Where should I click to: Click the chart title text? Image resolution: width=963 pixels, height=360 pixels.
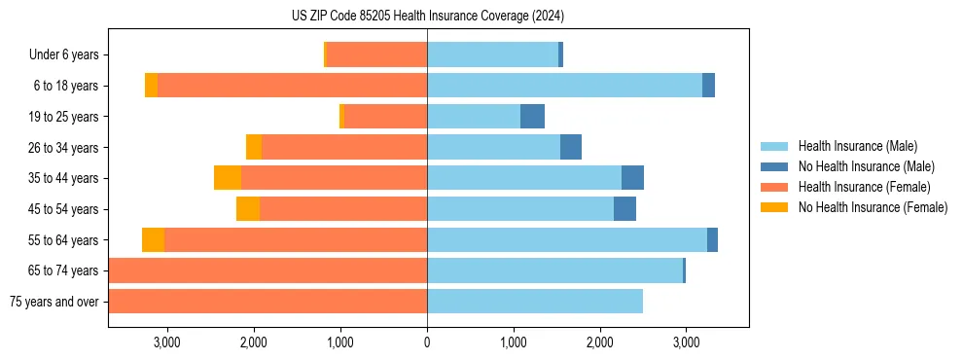(427, 17)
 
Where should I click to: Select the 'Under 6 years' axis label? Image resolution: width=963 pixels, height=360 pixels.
(57, 55)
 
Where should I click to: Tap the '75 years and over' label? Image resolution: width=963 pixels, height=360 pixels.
(53, 302)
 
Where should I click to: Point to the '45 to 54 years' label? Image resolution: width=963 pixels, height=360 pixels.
(65, 209)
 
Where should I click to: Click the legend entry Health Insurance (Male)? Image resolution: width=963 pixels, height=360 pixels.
(857, 146)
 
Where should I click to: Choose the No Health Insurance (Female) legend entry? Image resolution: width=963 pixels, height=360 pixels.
(873, 207)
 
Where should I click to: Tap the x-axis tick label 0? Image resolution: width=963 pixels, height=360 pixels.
(427, 342)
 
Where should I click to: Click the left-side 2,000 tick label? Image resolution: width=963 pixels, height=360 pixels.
(253, 342)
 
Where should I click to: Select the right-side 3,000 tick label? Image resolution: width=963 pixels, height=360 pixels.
(686, 342)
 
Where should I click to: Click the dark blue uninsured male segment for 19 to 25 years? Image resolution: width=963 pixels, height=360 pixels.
(532, 117)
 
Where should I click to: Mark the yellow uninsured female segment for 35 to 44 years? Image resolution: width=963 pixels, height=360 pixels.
(228, 178)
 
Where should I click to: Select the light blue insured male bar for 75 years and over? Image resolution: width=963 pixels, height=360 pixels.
(535, 302)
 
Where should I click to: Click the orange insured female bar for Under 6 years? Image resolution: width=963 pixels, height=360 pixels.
(376, 55)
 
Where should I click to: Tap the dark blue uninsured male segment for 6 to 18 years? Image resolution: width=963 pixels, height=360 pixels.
(708, 86)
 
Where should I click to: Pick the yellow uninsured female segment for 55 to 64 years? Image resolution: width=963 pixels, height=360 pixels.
(153, 239)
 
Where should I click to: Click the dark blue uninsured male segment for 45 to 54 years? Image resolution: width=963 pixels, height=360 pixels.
(624, 209)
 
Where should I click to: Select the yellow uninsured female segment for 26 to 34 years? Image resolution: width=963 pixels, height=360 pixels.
(254, 148)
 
